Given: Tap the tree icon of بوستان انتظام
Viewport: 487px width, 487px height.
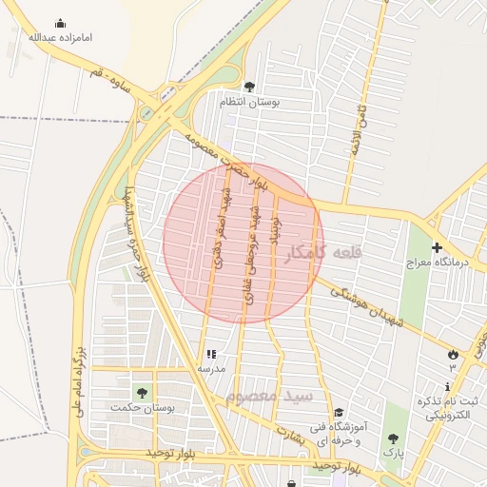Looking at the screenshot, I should pyautogui.click(x=250, y=87).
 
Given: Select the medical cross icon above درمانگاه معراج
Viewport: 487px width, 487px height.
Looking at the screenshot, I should pyautogui.click(x=437, y=248).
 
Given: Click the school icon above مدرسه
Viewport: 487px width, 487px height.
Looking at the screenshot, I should pyautogui.click(x=211, y=354).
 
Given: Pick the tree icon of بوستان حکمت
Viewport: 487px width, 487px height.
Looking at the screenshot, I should pyautogui.click(x=142, y=392).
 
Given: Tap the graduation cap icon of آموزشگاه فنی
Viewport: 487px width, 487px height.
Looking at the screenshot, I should pyautogui.click(x=339, y=412).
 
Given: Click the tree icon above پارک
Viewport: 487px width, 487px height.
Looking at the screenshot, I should pyautogui.click(x=393, y=439).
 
